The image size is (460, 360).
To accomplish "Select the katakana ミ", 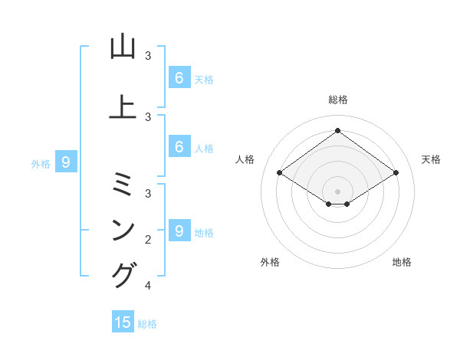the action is coord(123,184).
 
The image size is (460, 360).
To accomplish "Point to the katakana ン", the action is coord(123,229).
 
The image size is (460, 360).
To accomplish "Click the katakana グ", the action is coord(123,275).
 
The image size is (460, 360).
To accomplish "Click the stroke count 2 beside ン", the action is coord(148,240).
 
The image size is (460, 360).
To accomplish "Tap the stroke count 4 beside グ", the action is coord(148,286).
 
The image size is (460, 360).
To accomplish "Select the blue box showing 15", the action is coord(123,322).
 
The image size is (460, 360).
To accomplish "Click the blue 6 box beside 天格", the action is coord(179,77).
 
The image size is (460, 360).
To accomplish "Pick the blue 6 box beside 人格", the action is coord(179,146).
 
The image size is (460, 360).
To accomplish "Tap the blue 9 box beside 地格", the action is coord(179,231).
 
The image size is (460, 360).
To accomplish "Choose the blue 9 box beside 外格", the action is coord(66,162).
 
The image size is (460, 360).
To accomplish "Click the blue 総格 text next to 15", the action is coord(147,324).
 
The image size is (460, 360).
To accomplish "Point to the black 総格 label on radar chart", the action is coord(337,100).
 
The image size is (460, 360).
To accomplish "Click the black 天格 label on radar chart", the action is coord(431,159).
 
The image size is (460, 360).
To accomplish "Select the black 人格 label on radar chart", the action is coord(245,159).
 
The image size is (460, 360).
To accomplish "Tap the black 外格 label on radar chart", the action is coord(270,262).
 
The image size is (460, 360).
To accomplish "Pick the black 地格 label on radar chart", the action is coord(402,262).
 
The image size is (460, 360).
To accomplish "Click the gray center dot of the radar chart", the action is coord(337,191).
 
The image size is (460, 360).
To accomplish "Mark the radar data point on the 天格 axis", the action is coord(396,172).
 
